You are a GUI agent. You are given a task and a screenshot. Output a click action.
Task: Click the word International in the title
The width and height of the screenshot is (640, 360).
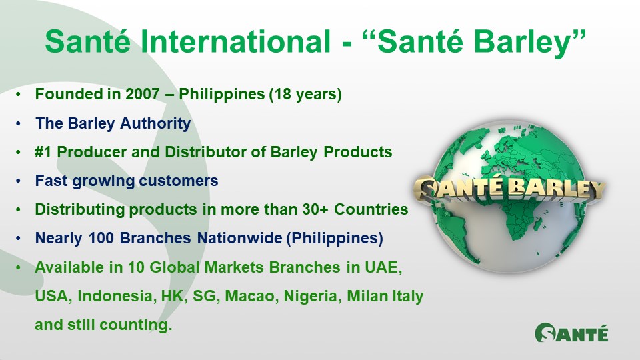(x=235, y=41)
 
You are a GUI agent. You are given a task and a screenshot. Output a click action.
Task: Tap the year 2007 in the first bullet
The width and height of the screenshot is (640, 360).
(x=142, y=94)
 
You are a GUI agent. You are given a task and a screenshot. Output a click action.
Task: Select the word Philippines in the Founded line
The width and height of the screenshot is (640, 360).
(x=221, y=95)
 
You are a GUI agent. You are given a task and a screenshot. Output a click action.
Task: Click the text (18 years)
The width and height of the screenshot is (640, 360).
(x=305, y=95)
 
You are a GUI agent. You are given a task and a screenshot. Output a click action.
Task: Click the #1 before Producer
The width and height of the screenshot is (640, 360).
(x=43, y=152)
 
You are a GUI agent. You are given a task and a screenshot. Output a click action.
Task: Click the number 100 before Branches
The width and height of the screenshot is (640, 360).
(x=101, y=238)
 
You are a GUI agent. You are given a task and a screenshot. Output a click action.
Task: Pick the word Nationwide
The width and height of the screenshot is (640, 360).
(x=239, y=238)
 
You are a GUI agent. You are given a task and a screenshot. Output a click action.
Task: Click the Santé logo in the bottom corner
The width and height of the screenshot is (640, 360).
(x=571, y=332)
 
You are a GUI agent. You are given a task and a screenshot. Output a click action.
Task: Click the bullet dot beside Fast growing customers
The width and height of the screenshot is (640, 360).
(x=18, y=181)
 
